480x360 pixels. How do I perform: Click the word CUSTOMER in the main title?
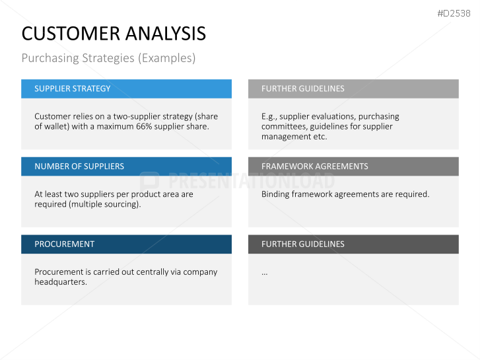pyautogui.click(x=71, y=34)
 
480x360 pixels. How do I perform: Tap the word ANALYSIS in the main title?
pyautogui.click(x=166, y=34)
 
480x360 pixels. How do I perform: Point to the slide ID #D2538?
pyautogui.click(x=454, y=13)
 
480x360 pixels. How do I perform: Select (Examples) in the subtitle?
pyautogui.click(x=166, y=58)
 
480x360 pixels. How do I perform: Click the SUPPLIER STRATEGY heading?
pyautogui.click(x=72, y=89)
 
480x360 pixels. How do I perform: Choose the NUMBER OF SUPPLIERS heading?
pyautogui.click(x=79, y=166)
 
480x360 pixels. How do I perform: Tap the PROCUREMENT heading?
pyautogui.click(x=64, y=244)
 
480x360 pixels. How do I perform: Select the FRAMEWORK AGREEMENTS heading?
pyautogui.click(x=315, y=166)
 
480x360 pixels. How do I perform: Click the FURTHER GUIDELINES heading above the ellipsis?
pyautogui.click(x=303, y=244)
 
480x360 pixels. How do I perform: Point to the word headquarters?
pyautogui.click(x=61, y=282)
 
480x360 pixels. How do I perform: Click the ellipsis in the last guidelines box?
pyautogui.click(x=265, y=273)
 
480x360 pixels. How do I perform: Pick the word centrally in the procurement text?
pyautogui.click(x=152, y=272)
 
